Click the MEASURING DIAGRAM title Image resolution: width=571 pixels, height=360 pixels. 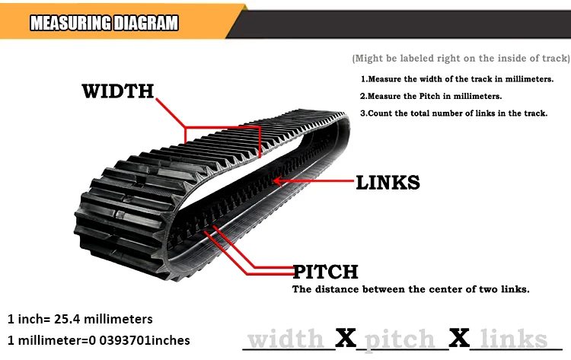(x=104, y=24)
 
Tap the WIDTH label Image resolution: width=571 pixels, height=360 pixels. (x=117, y=91)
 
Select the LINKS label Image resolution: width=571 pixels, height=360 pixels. (x=388, y=182)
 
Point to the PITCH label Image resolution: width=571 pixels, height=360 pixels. (x=325, y=272)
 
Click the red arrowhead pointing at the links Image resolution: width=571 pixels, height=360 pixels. (x=277, y=180)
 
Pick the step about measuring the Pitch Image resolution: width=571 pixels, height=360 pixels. (x=431, y=97)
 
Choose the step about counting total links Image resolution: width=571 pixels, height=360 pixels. (x=454, y=113)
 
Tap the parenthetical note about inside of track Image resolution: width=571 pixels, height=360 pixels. (x=461, y=59)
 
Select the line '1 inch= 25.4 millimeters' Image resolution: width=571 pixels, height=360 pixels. (x=80, y=318)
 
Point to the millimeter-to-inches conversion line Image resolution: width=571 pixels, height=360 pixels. (x=98, y=339)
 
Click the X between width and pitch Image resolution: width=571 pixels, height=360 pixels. (x=346, y=338)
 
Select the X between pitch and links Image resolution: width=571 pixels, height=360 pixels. (x=458, y=338)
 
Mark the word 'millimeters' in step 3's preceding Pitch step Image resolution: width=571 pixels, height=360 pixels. (x=477, y=97)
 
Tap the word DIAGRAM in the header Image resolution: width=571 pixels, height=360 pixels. (x=144, y=24)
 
